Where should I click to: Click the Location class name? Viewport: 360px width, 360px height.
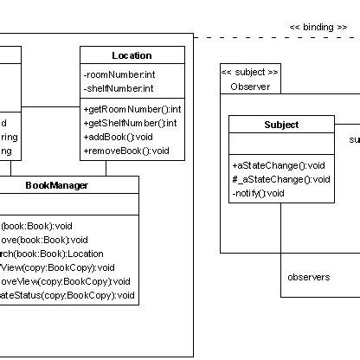point(132,55)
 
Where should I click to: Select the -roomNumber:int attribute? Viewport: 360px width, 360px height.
point(118,75)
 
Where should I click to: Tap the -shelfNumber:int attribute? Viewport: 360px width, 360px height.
point(118,88)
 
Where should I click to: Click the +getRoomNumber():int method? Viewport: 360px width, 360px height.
point(132,109)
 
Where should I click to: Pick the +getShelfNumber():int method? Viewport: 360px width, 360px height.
point(132,123)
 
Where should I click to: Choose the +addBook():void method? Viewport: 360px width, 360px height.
point(118,137)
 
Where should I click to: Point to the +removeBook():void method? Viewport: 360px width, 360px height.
point(126,151)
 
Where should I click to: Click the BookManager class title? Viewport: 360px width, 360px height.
point(56,184)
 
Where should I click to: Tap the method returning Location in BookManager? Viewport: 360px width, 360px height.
point(52,254)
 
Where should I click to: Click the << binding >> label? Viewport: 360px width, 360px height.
point(318,28)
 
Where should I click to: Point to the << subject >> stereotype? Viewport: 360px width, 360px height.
point(250,72)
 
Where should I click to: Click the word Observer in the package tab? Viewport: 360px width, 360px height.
point(250,87)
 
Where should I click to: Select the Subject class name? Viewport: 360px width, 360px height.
point(281,125)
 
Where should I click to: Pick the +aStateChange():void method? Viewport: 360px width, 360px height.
point(278,165)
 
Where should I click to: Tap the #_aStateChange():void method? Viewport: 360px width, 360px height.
point(280,179)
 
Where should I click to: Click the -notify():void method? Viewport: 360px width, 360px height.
point(258,193)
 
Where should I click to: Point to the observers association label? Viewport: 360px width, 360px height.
point(308,277)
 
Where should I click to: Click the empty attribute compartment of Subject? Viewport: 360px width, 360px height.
point(281,144)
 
